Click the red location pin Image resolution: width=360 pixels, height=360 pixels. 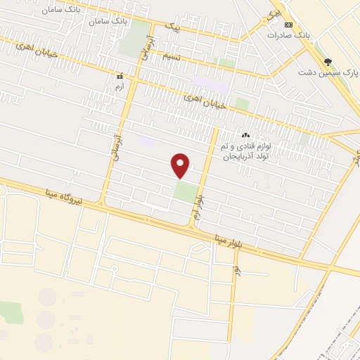tap(181, 164)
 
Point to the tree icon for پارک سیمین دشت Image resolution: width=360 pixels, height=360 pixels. tap(326, 62)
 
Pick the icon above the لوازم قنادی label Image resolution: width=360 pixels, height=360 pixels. tap(245, 134)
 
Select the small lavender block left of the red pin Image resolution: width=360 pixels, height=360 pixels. tap(147, 141)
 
